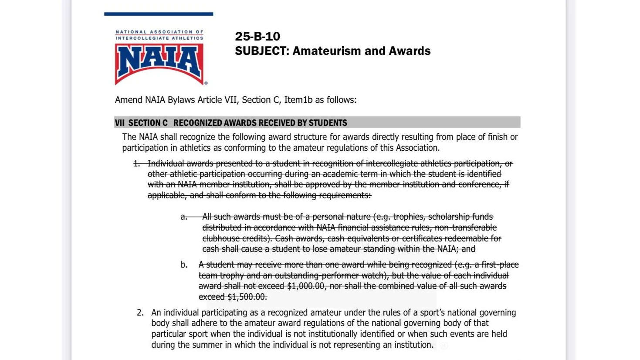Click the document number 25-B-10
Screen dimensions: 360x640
pyautogui.click(x=257, y=36)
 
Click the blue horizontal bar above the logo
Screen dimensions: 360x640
pyautogui.click(x=159, y=14)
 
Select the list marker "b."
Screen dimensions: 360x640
pyautogui.click(x=184, y=265)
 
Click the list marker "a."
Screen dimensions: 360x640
pyautogui.click(x=184, y=217)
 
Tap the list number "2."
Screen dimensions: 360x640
pyautogui.click(x=140, y=312)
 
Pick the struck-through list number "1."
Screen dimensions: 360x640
pyautogui.click(x=137, y=163)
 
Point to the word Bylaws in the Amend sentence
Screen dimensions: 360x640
pyautogui.click(x=181, y=100)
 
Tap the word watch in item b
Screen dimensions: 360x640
pyautogui.click(x=376, y=275)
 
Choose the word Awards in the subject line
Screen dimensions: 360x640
pyautogui.click(x=410, y=51)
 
